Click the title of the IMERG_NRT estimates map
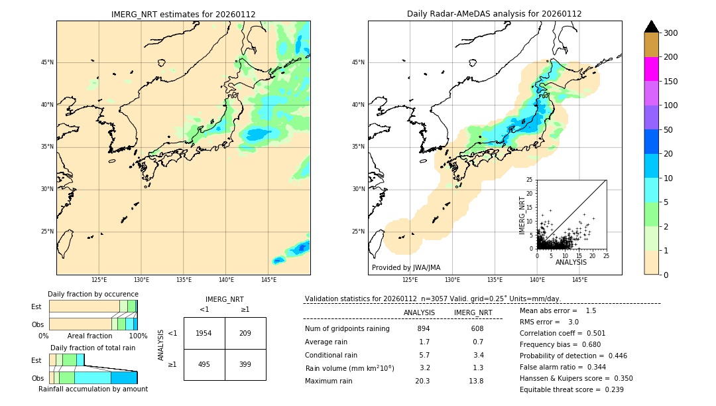pos(183,14)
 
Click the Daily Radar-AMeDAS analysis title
pos(495,14)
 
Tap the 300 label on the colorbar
pos(671,33)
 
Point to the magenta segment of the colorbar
pos(652,69)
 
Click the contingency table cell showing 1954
pos(204,333)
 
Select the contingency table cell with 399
pos(245,364)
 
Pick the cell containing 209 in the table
pos(245,333)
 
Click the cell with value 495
pos(204,364)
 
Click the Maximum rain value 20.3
pos(422,381)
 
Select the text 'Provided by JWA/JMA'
pos(406,268)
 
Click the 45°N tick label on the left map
pos(47,62)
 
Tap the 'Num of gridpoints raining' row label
pos(347,329)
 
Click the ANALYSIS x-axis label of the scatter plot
pos(571,263)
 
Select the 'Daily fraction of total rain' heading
pos(93,348)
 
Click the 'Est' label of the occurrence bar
pos(36,306)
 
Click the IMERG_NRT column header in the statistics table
pos(473,312)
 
